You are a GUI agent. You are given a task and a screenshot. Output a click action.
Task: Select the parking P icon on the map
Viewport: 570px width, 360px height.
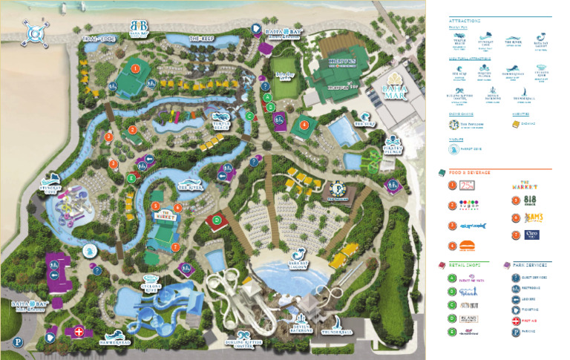16,343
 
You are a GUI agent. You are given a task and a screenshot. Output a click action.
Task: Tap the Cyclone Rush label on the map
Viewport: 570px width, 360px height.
151,285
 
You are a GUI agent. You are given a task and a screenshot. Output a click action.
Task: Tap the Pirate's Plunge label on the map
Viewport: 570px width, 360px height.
393,141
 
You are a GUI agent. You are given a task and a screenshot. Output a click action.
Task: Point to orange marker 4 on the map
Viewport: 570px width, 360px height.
304,124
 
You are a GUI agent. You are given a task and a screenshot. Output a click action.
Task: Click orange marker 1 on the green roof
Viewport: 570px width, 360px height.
135,68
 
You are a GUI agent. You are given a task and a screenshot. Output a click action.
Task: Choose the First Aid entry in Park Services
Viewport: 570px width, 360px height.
530,321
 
